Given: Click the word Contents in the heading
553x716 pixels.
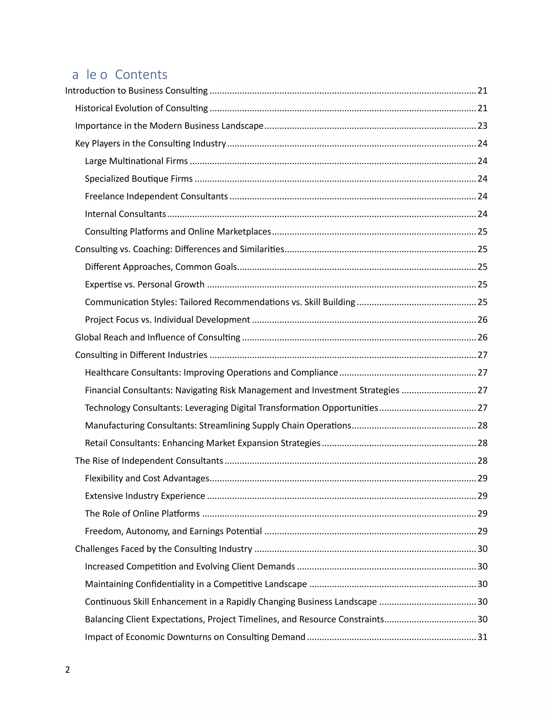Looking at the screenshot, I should coord(141,75).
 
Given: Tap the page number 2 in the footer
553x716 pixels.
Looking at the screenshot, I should coord(68,670).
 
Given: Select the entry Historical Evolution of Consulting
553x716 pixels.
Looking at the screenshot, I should coord(141,108).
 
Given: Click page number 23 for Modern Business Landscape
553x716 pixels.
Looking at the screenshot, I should coord(482,126).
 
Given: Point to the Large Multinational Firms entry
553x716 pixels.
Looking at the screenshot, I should coord(136,161).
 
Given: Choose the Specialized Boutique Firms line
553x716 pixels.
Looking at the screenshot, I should coord(139,179).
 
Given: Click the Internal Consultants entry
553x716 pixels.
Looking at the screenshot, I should coord(126,214).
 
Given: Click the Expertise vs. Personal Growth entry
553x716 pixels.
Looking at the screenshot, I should coord(144,285).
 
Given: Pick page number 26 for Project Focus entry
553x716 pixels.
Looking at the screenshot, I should coord(482,320).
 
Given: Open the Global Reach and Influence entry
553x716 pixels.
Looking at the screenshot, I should coord(157,337).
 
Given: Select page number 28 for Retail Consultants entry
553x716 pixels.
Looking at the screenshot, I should coord(482,443).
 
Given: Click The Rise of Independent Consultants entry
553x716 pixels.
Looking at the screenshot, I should coord(149,461).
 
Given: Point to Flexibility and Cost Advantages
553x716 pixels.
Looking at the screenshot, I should coord(147,478).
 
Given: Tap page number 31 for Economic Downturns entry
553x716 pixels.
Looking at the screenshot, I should coord(482,637).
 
